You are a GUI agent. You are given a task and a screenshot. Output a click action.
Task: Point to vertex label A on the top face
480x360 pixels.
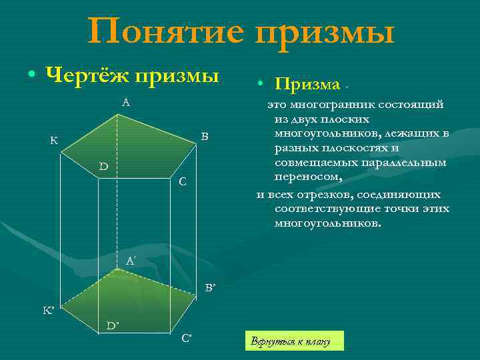coord(125,103)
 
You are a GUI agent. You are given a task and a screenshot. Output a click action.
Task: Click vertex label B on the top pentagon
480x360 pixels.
coord(205,137)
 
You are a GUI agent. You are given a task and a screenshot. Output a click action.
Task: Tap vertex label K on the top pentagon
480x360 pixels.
coord(53,141)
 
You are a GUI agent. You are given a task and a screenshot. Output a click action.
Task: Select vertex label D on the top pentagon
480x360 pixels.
coord(104,165)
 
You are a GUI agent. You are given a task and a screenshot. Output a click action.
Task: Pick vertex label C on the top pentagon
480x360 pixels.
coord(183,181)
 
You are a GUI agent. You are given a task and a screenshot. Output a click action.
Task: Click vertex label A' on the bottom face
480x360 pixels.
coord(131,262)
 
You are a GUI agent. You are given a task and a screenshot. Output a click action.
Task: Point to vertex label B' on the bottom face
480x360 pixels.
coord(210,288)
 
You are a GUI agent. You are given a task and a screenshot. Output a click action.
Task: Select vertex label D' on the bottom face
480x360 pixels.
coord(113,325)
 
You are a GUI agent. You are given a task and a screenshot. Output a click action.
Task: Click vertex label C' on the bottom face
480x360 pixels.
coord(187,337)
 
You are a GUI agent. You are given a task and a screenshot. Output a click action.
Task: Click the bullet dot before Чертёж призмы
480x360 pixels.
coord(31,75)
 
